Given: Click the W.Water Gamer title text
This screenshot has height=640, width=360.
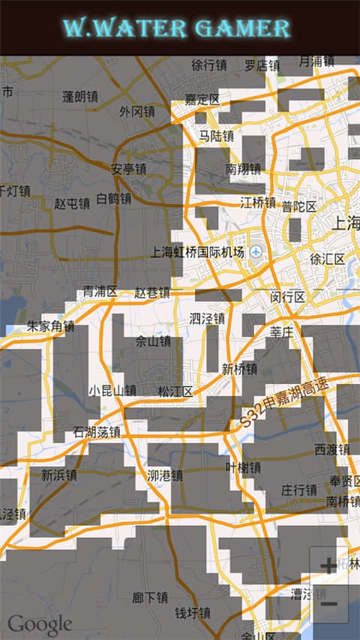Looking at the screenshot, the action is click(x=176, y=29).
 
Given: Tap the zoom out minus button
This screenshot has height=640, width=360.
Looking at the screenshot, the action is click(x=328, y=602).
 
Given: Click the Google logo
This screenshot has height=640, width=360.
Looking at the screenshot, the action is click(x=40, y=623).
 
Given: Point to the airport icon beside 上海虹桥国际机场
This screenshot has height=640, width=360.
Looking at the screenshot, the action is click(x=257, y=251).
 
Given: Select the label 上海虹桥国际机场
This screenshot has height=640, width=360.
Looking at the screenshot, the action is click(x=197, y=252).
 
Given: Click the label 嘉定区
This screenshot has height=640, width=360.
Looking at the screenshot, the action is click(x=202, y=99).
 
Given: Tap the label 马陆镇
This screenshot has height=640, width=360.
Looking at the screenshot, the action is click(x=216, y=136).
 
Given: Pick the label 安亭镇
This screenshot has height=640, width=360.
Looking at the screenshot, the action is click(x=127, y=169).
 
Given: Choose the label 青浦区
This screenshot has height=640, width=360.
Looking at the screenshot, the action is click(x=100, y=291).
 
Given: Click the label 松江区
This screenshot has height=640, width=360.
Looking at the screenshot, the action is click(x=175, y=391).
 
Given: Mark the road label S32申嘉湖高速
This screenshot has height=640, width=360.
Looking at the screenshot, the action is click(x=286, y=404).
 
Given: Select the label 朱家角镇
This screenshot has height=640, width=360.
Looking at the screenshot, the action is click(x=50, y=326).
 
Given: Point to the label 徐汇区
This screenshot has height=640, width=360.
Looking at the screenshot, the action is click(x=328, y=260).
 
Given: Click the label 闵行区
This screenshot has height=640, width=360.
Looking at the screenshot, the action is click(x=287, y=297).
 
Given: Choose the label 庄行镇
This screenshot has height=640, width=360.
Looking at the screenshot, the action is click(x=298, y=490).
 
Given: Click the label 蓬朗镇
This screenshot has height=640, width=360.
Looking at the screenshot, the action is click(x=80, y=96).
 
